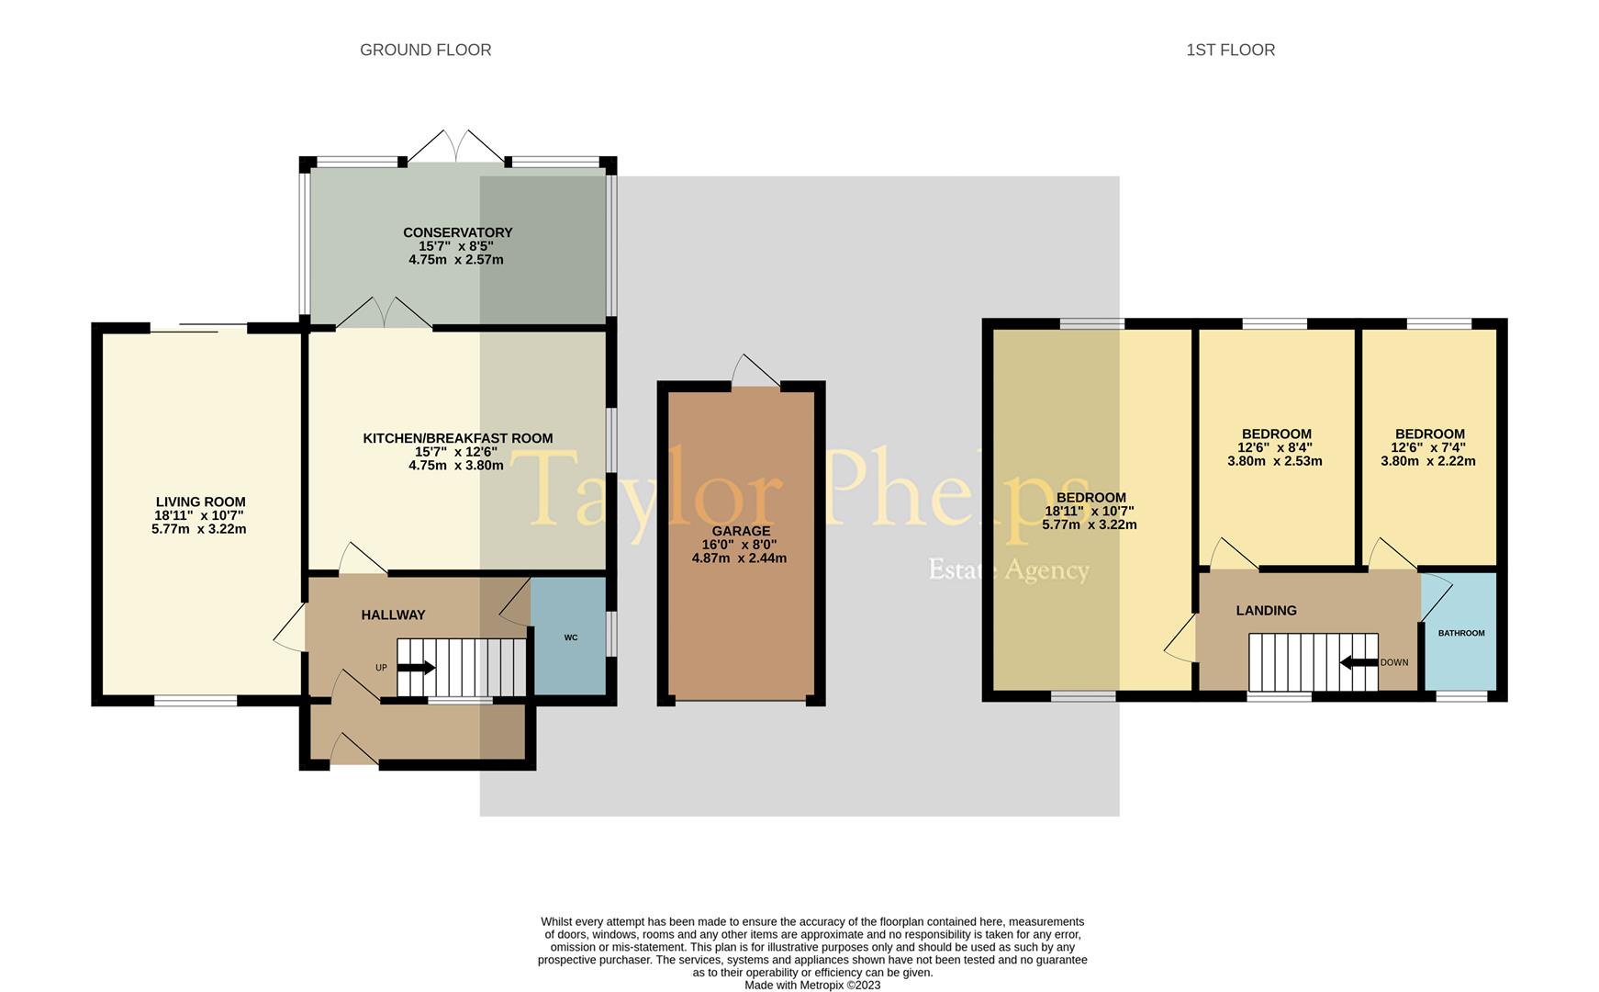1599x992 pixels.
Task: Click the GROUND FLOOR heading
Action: pyautogui.click(x=425, y=50)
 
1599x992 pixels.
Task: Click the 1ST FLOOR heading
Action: pyautogui.click(x=1230, y=50)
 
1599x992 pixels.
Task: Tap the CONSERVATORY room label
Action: pyautogui.click(x=457, y=232)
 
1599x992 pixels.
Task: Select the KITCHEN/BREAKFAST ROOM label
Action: pyautogui.click(x=457, y=438)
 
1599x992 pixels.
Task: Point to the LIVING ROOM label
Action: pyautogui.click(x=200, y=502)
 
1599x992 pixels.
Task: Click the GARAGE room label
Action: pyautogui.click(x=741, y=531)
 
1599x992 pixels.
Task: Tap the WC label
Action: pyautogui.click(x=571, y=637)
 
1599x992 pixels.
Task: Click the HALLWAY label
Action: pyautogui.click(x=393, y=614)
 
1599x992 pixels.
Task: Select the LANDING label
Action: pyautogui.click(x=1266, y=610)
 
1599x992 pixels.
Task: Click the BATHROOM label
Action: pyautogui.click(x=1460, y=633)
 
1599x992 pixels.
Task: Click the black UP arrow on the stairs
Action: pyautogui.click(x=417, y=668)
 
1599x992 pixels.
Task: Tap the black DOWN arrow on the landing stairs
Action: pyautogui.click(x=1359, y=661)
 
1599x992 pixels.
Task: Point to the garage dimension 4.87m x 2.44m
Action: pyautogui.click(x=739, y=558)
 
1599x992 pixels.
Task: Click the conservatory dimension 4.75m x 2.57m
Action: pyautogui.click(x=456, y=259)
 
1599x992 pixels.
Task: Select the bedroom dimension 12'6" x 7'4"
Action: pyautogui.click(x=1428, y=447)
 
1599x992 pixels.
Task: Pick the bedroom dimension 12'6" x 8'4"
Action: pyautogui.click(x=1275, y=447)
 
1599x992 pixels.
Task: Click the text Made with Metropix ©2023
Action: pyautogui.click(x=812, y=985)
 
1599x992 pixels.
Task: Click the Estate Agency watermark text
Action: pyautogui.click(x=1009, y=569)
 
